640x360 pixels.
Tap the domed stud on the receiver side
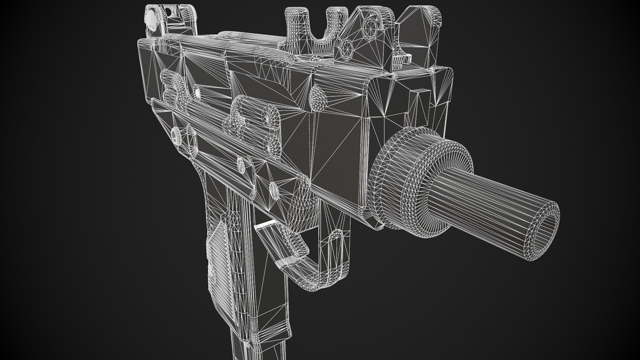point(317,97)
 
